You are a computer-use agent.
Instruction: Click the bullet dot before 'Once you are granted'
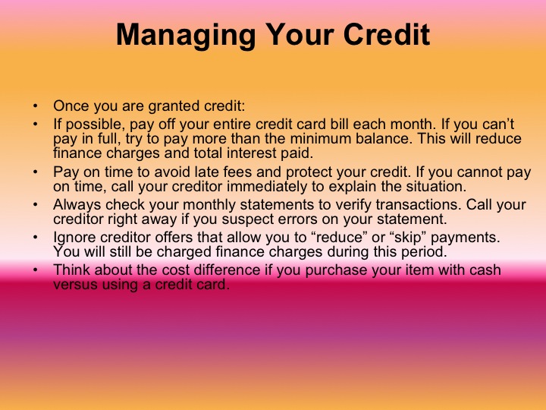pos(34,106)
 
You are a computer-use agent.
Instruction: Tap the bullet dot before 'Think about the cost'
pos(34,270)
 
